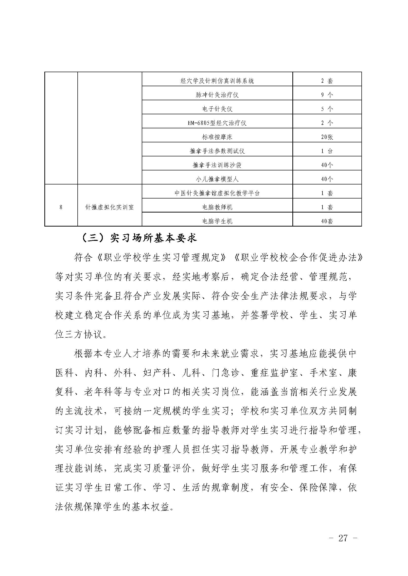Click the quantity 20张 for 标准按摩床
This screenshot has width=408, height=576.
tap(327, 137)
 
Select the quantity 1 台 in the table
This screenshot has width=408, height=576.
tap(327, 151)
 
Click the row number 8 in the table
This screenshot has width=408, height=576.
tap(61, 207)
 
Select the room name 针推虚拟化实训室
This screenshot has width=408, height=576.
tap(109, 207)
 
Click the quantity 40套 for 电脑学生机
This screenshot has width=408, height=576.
tap(327, 221)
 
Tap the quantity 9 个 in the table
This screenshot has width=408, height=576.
tap(327, 95)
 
